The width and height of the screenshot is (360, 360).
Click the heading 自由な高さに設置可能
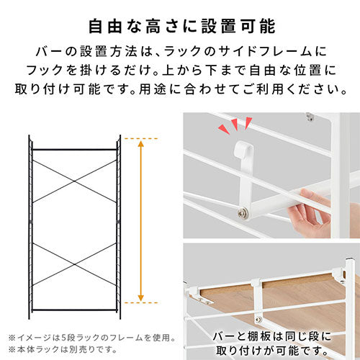[x=182, y=26]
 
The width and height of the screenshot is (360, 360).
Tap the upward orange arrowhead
[x=141, y=144]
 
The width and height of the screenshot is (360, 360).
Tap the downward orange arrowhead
[x=141, y=297]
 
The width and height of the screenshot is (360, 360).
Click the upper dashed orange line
[x=141, y=139]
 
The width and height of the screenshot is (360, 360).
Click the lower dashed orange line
[x=141, y=302]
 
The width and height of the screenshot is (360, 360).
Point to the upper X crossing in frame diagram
[x=74, y=181]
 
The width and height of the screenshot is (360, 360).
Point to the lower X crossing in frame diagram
[x=74, y=264]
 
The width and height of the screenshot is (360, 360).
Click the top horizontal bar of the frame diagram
[x=74, y=150]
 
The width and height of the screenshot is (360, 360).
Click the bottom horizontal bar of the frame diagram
[x=74, y=310]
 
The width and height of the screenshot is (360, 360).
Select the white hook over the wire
[x=243, y=150]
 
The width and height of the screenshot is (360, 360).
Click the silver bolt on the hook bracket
[x=243, y=213]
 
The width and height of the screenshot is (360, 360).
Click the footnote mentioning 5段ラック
[x=92, y=338]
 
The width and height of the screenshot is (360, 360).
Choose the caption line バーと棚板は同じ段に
[x=272, y=336]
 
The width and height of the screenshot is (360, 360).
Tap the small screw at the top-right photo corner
[x=310, y=117]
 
